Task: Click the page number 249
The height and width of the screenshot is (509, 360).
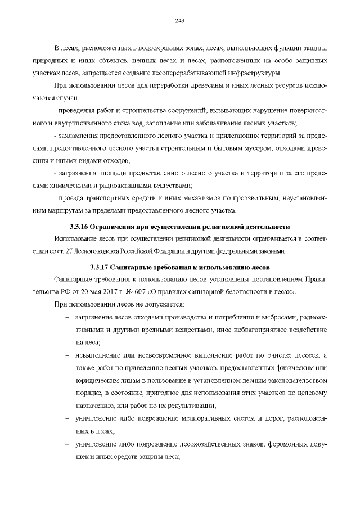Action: coord(180,20)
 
